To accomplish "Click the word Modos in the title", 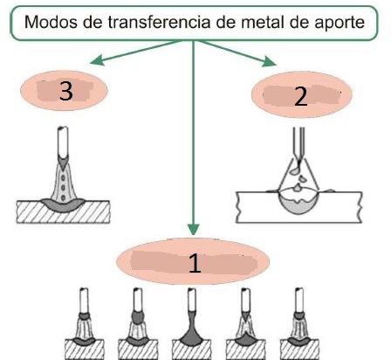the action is tap(51, 22).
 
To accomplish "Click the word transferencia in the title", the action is tap(159, 22).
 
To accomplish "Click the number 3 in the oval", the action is tap(66, 91).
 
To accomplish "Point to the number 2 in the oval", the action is tap(301, 96).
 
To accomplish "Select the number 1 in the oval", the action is tap(195, 263).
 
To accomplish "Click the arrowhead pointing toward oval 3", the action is tap(97, 60).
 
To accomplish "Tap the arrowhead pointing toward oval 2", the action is tap(269, 61).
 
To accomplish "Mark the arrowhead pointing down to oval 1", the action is tap(193, 229).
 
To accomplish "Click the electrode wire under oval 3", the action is tap(63, 142).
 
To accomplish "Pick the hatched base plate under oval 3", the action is tap(63, 211).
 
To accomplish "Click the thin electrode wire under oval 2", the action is tap(298, 143).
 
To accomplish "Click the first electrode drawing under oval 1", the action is tap(84, 323).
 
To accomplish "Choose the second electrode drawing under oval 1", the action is tap(138, 323).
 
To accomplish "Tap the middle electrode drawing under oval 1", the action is tap(192, 323).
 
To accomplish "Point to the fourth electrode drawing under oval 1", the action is tap(245, 323).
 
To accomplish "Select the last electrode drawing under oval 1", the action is tap(299, 323).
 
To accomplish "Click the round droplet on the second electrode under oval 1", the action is tap(138, 318).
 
